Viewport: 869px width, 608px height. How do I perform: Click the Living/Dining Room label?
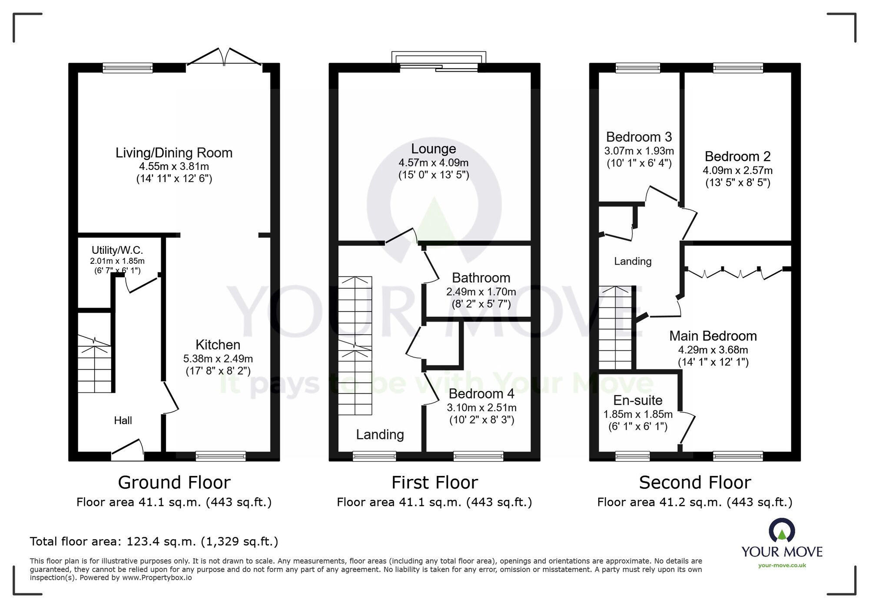click(174, 153)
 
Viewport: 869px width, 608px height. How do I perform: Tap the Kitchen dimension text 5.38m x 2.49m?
click(218, 359)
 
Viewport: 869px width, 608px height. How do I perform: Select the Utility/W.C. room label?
click(117, 250)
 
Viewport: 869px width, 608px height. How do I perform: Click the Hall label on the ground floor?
click(123, 420)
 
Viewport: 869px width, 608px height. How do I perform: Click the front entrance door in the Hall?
click(128, 450)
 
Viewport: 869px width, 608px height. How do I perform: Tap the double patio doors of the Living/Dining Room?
click(224, 56)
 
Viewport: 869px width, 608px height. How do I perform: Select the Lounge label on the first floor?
click(434, 149)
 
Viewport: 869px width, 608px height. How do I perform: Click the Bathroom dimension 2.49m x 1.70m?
click(481, 292)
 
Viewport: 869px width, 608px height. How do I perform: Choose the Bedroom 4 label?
click(481, 394)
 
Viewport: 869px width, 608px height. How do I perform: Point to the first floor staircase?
click(355, 346)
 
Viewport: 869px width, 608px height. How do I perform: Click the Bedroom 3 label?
click(639, 137)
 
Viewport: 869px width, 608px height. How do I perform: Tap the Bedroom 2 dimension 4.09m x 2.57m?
click(738, 170)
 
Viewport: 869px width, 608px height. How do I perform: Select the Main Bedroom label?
click(713, 336)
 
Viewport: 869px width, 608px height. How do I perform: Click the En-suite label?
click(638, 400)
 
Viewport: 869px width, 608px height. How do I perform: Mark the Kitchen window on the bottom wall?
click(221, 456)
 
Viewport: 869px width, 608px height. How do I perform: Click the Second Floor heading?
click(695, 482)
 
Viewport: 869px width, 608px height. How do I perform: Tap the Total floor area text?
click(154, 542)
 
